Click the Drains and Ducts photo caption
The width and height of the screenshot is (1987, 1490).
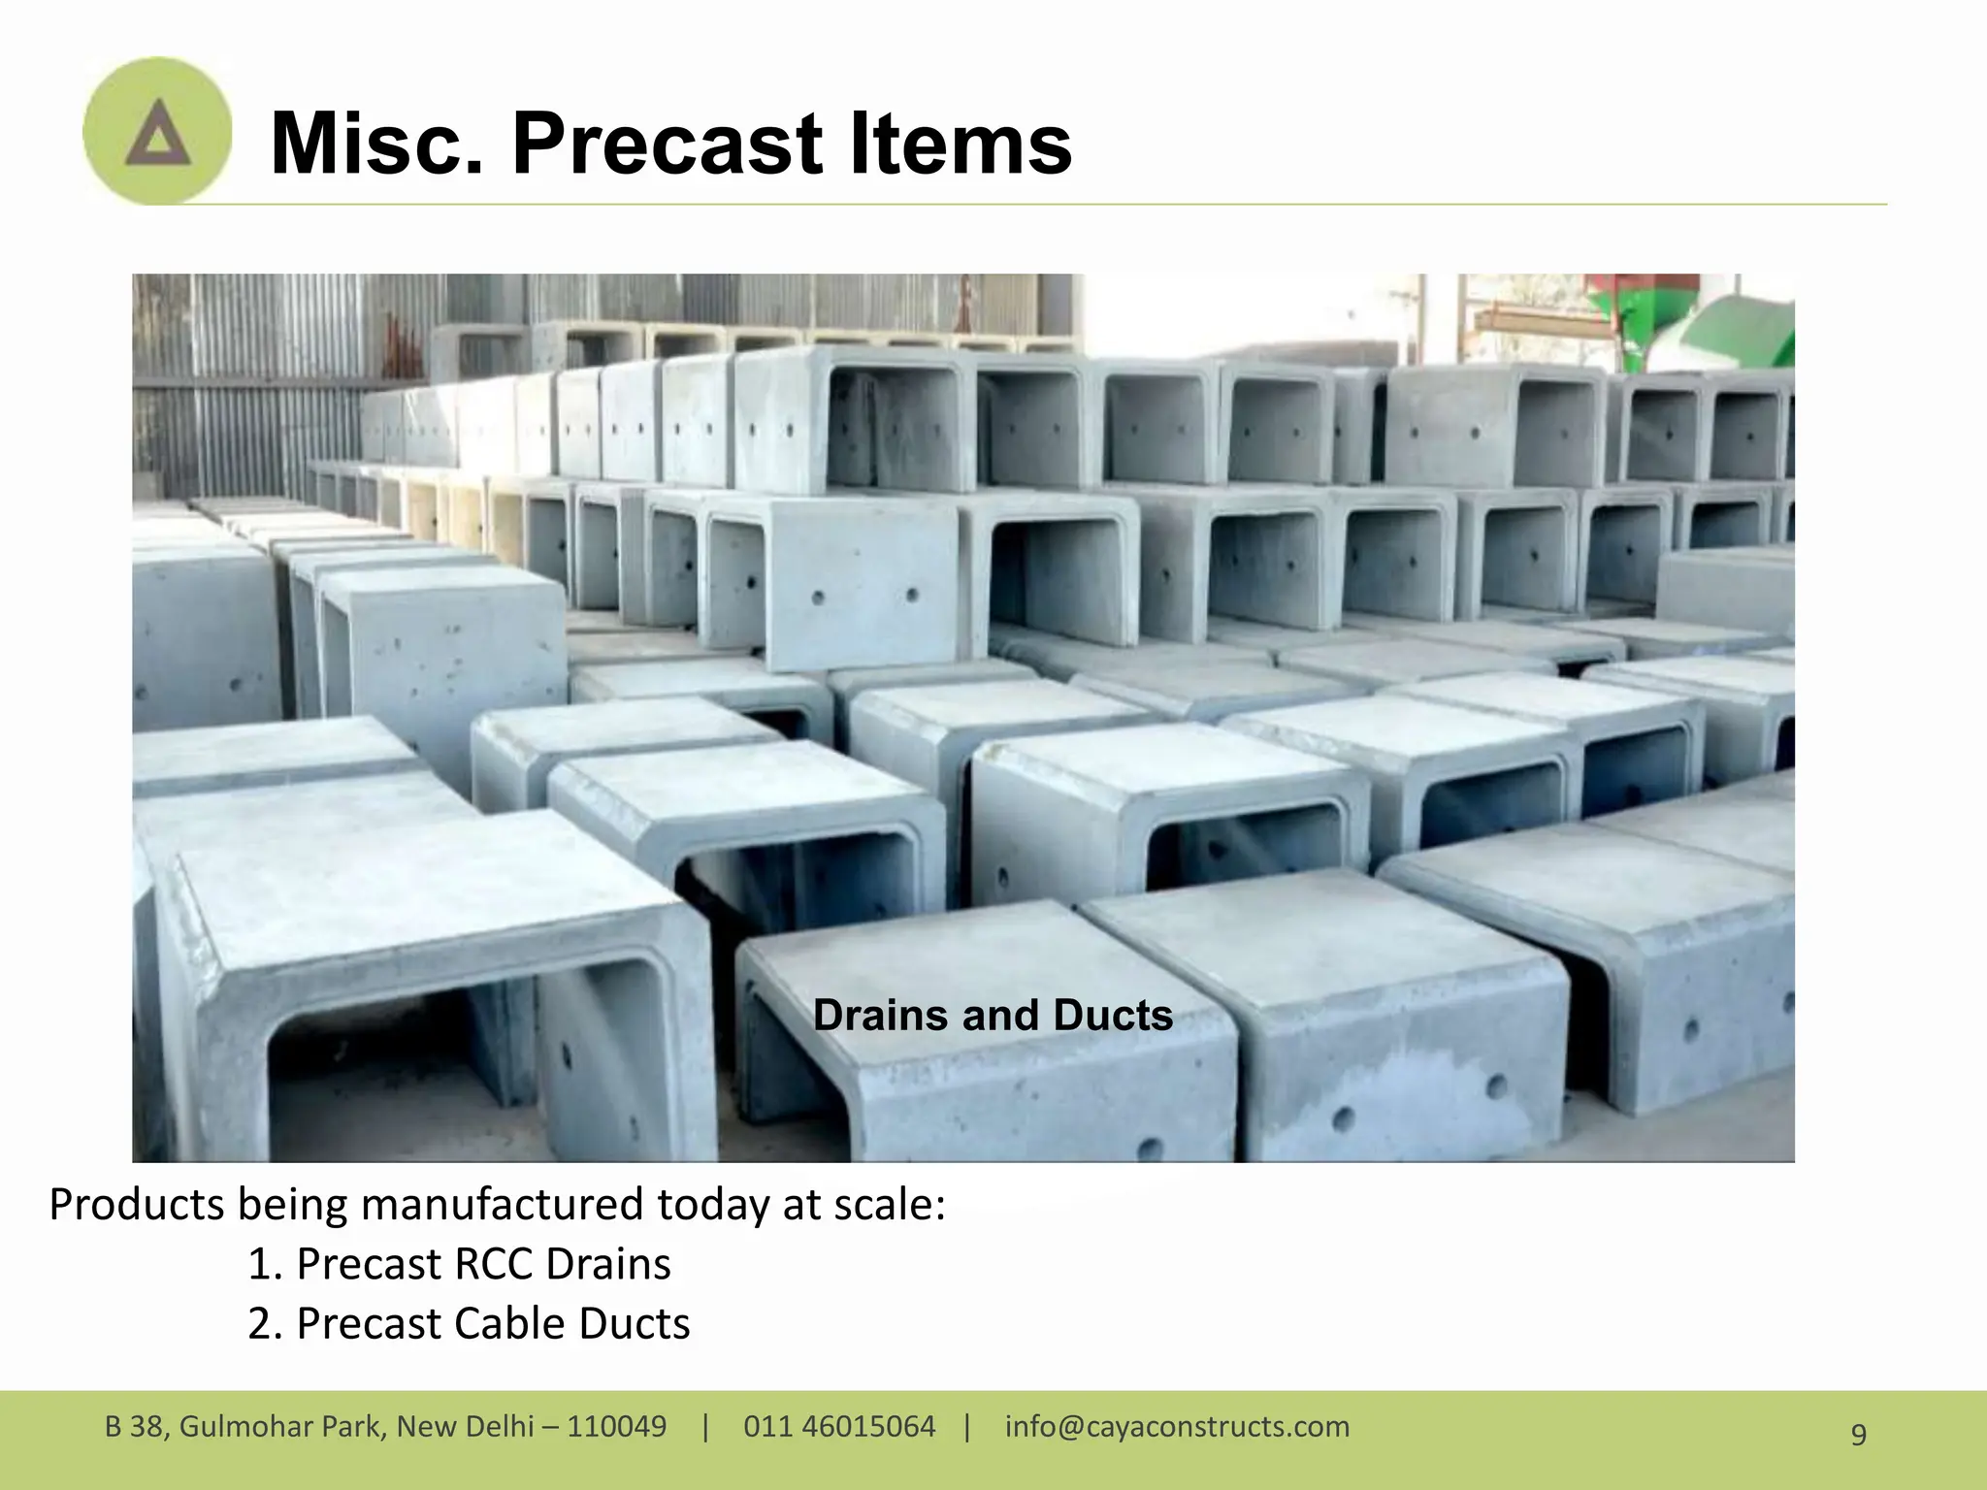pos(993,1016)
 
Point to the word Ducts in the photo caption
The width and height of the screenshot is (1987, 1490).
pos(1112,1016)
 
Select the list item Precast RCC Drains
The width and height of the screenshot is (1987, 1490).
pos(459,1264)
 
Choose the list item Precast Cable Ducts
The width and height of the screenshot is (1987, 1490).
pos(469,1324)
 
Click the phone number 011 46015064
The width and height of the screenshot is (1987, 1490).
pos(839,1427)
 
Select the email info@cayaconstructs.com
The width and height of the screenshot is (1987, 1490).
pos(1177,1427)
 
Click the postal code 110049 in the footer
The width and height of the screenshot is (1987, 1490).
pos(616,1427)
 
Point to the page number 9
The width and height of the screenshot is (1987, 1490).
pos(1858,1434)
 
